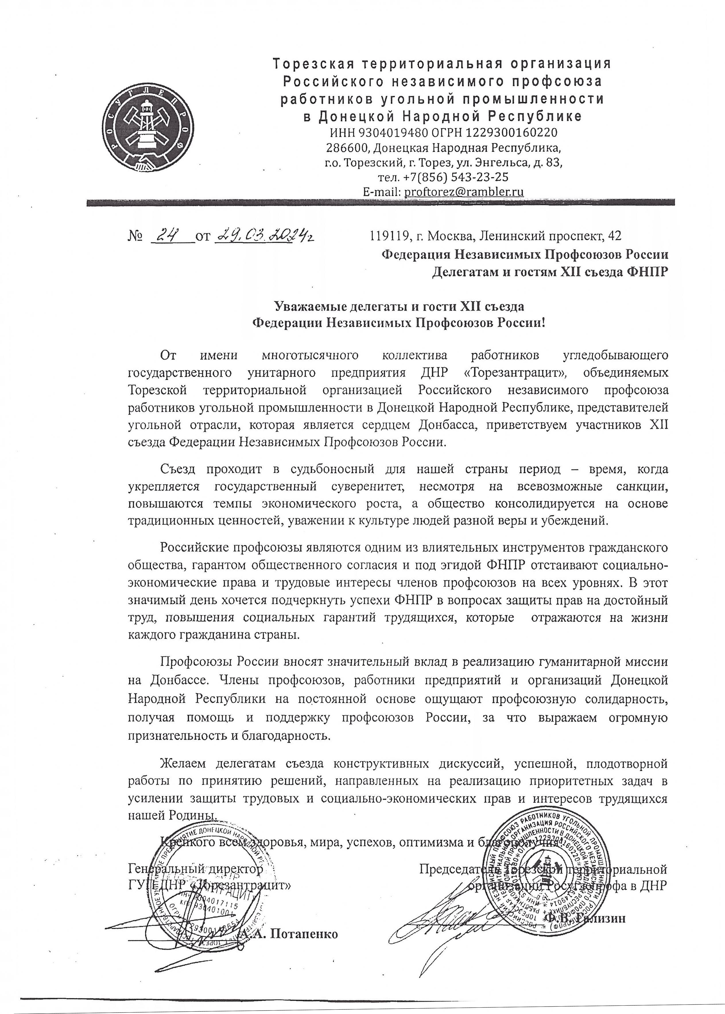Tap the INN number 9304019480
click(x=394, y=133)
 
